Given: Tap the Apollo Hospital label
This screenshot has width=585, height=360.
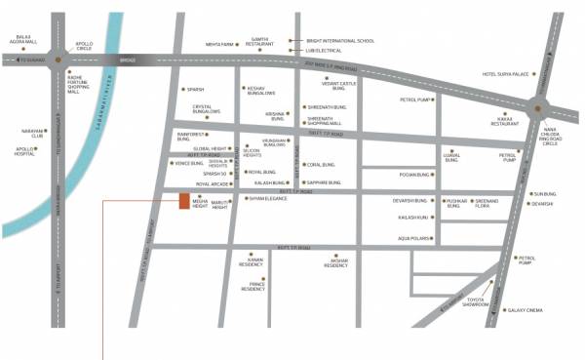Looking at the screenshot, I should coord(24,151).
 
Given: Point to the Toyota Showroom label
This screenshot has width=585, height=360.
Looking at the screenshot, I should coord(476,302).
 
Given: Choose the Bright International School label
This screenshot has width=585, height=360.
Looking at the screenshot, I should coord(338,40).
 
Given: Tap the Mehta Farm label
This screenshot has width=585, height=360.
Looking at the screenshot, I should coord(248,45).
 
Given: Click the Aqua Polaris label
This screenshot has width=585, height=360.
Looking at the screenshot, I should coord(413,238).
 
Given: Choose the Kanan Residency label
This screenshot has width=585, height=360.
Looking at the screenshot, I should coord(253,262).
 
